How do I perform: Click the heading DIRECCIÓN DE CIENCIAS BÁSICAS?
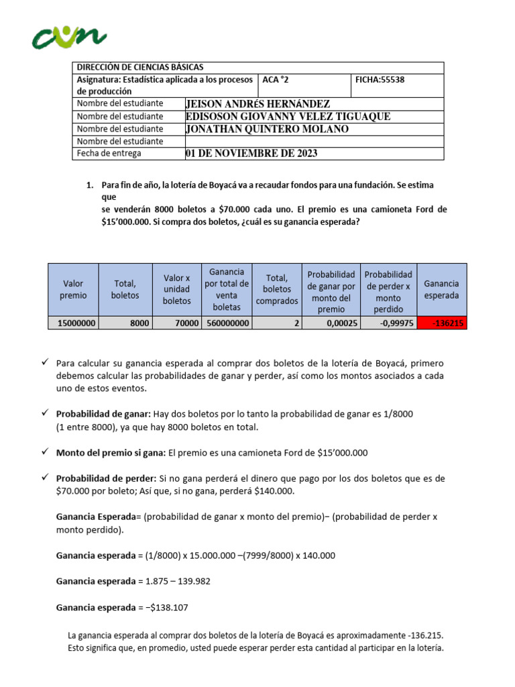(140, 67)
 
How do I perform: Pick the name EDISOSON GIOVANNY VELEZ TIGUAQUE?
(288, 116)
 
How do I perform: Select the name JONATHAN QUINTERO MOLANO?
(267, 129)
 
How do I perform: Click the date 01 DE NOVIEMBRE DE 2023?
(251, 154)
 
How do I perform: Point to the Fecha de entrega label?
(109, 154)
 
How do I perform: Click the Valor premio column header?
(73, 290)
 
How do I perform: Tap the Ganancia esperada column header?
(442, 290)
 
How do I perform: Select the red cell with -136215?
(442, 323)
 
